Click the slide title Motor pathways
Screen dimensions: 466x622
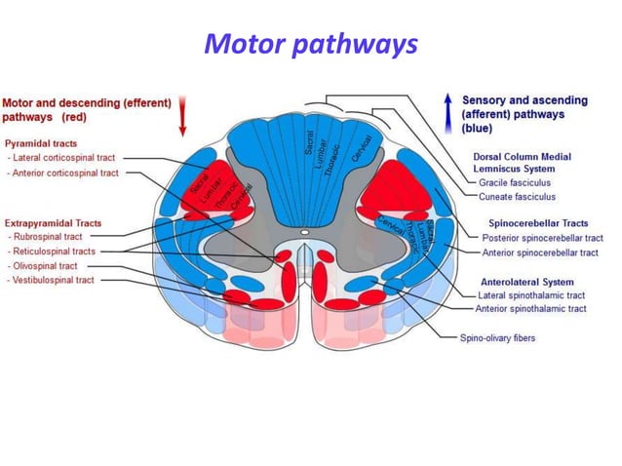[310, 44]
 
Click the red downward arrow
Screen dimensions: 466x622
[182, 117]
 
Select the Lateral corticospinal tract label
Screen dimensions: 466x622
[62, 158]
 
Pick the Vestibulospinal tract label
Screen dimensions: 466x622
[54, 279]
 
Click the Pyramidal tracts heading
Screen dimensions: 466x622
[41, 143]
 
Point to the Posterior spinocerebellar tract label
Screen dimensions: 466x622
[542, 237]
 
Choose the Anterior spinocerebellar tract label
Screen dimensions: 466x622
[540, 252]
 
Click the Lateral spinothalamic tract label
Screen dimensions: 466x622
[533, 294]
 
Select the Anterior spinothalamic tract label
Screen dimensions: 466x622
[530, 309]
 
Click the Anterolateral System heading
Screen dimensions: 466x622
[527, 281]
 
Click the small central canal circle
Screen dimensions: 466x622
[304, 233]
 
